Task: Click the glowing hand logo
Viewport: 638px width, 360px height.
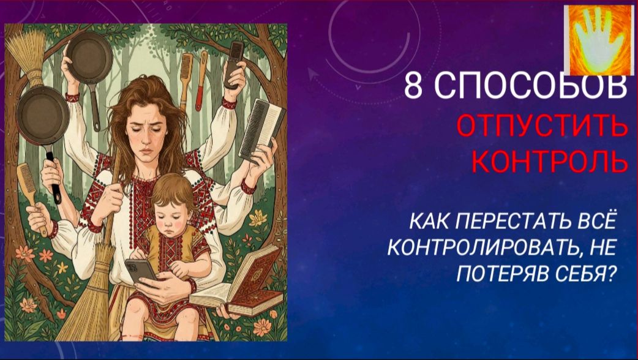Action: [597, 40]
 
